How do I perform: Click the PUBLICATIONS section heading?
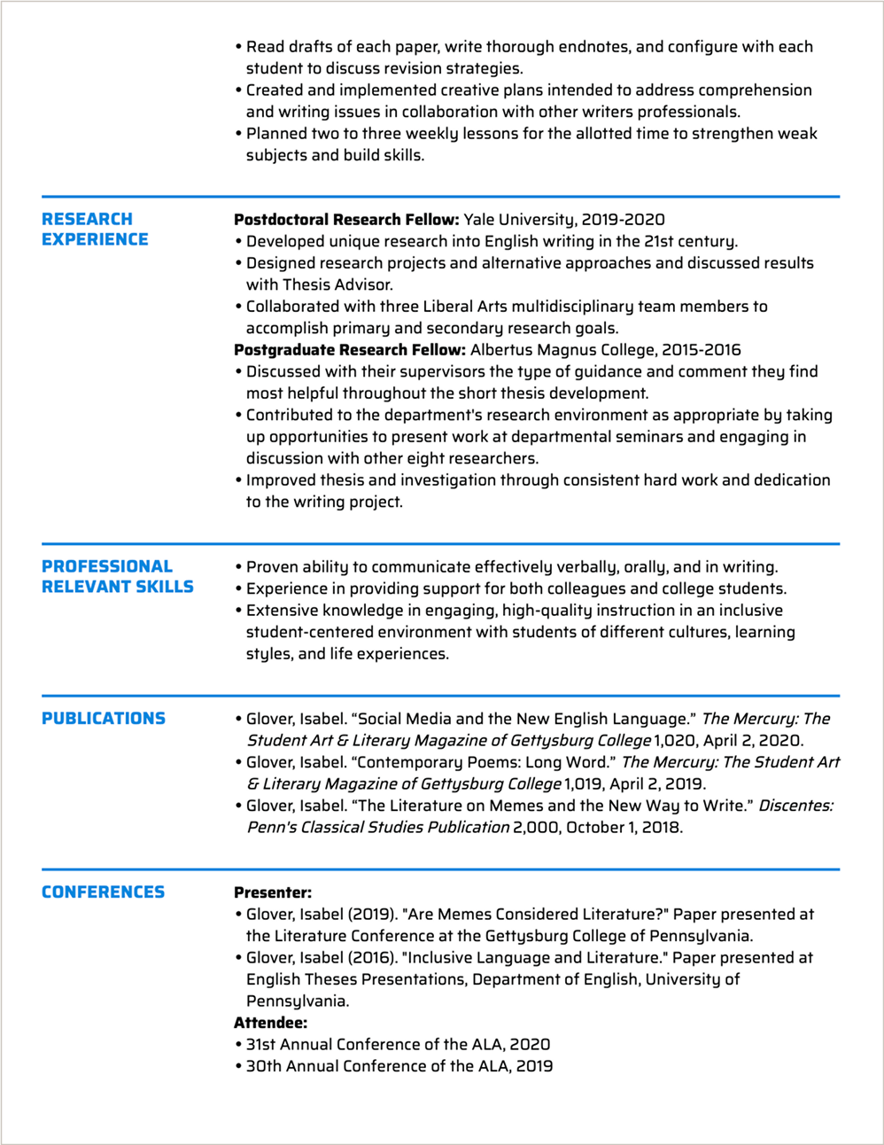tap(104, 719)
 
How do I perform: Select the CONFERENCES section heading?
tap(103, 892)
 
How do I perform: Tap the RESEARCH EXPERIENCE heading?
tap(95, 229)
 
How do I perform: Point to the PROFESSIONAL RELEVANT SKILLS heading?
tap(117, 576)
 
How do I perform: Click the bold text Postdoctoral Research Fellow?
tap(346, 220)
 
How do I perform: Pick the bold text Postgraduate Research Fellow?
tap(349, 350)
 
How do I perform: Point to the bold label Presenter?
tap(273, 892)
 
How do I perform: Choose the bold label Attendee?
tap(270, 1023)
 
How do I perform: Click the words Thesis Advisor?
tap(337, 284)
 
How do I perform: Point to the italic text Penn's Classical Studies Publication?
tap(378, 828)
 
